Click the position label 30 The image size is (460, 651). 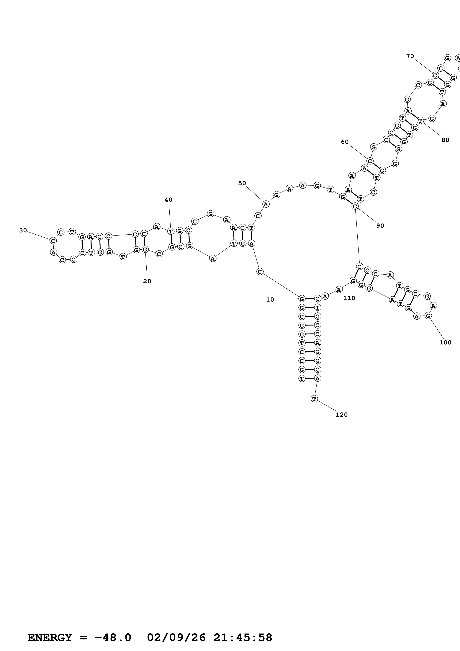pos(23,230)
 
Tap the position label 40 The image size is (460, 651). pos(168,200)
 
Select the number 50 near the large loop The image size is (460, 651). pos(242,184)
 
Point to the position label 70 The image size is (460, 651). pos(410,56)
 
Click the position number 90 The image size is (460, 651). pos(380,226)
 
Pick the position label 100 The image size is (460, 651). pos(445,343)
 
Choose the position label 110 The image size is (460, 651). pos(349,298)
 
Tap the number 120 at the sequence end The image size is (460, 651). pos(342,415)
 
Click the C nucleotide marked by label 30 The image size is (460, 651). pos(53,241)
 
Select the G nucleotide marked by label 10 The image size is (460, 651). pos(302,299)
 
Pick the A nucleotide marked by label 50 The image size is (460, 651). pos(266,204)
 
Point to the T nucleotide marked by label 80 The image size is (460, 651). pos(420,120)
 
